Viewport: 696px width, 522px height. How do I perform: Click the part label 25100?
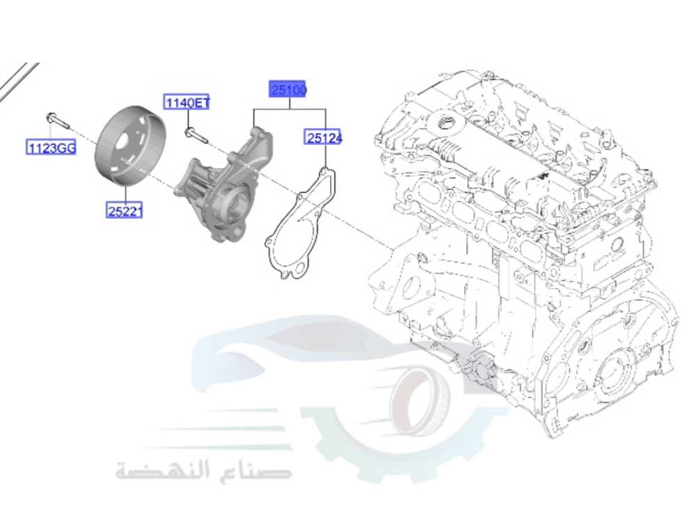[x=289, y=90]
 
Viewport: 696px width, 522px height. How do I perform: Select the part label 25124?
[x=324, y=138]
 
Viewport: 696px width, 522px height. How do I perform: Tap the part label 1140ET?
[x=187, y=103]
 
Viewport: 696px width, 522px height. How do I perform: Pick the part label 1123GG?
[x=51, y=148]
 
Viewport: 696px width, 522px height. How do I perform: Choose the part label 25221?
[x=124, y=209]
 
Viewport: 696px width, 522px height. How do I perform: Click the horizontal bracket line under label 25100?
[x=290, y=111]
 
